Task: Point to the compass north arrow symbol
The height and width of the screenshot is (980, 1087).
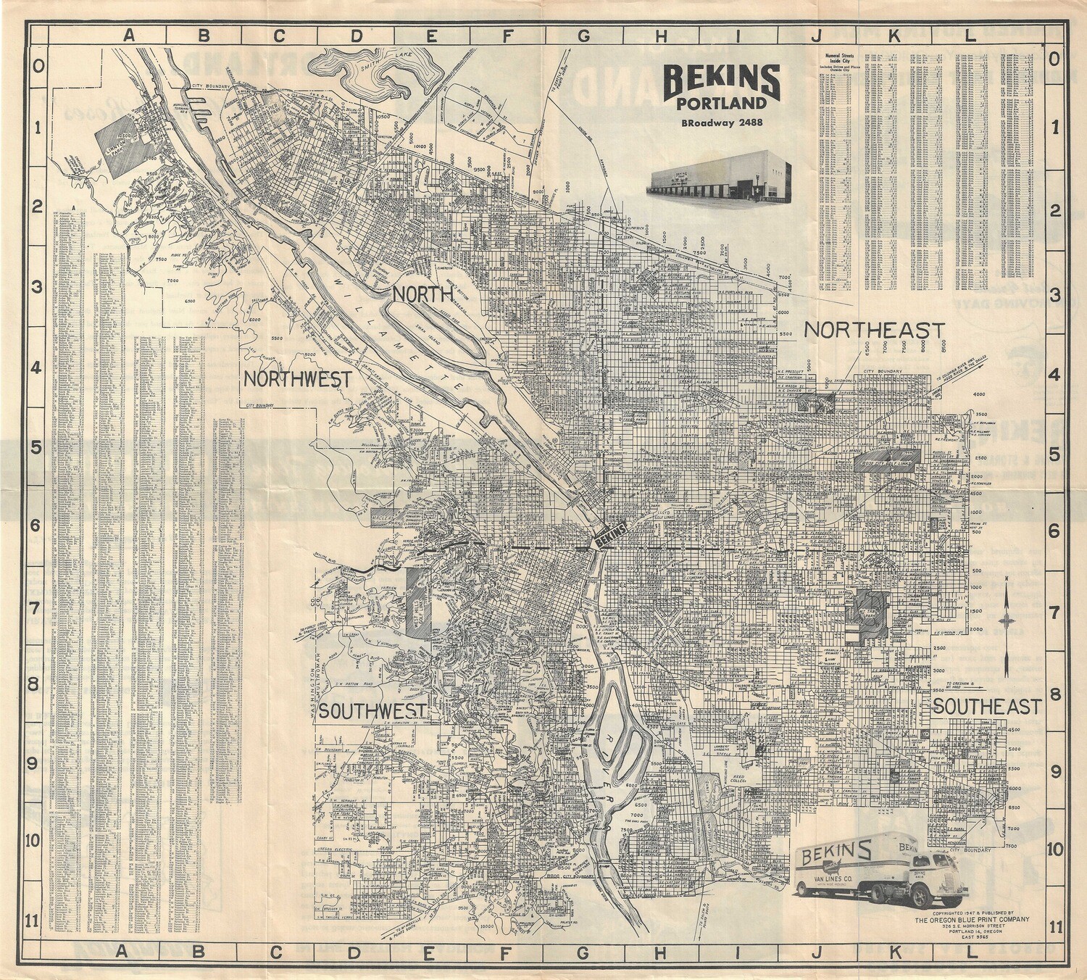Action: tap(1007, 620)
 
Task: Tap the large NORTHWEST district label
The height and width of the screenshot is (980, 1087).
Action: tap(297, 378)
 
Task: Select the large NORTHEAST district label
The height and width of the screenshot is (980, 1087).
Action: tap(874, 331)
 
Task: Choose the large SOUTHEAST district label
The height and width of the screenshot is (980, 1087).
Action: tap(986, 706)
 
